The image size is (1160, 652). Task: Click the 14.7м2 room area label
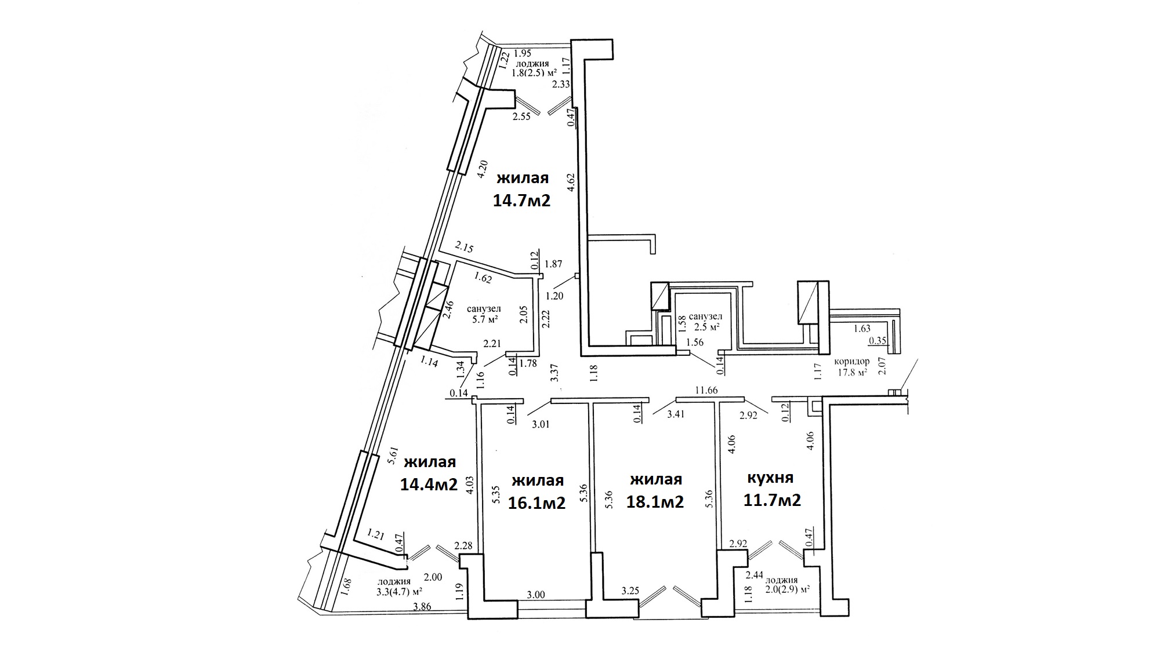click(521, 201)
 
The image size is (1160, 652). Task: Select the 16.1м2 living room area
click(536, 502)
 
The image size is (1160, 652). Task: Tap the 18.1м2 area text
click(655, 501)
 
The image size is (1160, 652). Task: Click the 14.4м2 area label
click(429, 483)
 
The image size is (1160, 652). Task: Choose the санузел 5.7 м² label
click(484, 314)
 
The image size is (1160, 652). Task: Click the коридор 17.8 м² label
click(851, 366)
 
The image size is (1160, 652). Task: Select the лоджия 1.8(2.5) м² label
click(534, 68)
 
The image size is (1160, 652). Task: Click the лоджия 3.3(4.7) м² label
click(398, 586)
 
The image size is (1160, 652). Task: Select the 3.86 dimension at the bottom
click(422, 607)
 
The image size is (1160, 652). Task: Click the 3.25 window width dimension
click(630, 591)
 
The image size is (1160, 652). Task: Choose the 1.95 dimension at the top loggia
click(523, 53)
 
